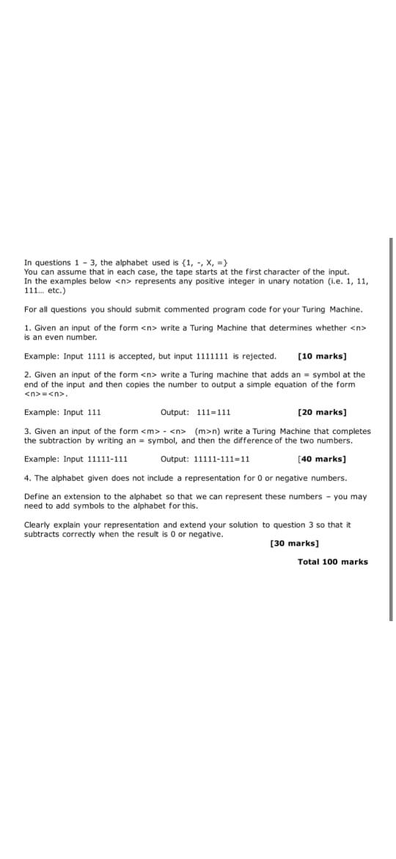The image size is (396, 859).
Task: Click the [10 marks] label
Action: pos(322,356)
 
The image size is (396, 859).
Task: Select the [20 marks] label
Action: pos(322,412)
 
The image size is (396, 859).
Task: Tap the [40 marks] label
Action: pos(322,459)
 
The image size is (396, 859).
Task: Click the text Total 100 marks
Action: pos(333,562)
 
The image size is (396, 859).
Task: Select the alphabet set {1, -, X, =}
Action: pos(208,262)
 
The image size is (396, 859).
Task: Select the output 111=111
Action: pos(214,412)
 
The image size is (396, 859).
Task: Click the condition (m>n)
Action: pos(209,431)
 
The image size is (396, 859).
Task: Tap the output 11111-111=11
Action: pos(221,459)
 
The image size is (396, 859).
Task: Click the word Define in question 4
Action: pos(37,496)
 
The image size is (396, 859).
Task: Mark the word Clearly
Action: pos(38,524)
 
